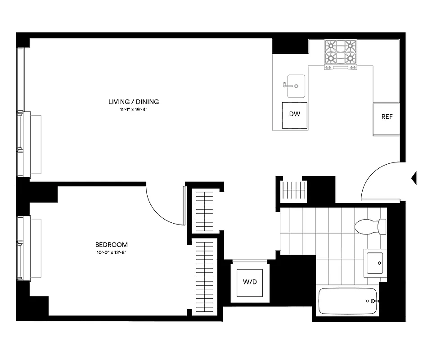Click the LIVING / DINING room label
click(134, 102)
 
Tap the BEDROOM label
click(111, 245)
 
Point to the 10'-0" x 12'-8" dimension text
click(111, 252)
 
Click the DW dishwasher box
click(294, 114)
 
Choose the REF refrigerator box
click(387, 117)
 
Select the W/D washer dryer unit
click(250, 283)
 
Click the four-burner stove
click(341, 54)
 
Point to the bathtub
click(346, 301)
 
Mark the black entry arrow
click(414, 178)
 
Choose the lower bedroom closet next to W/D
click(206, 277)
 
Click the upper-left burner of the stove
click(332, 46)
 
